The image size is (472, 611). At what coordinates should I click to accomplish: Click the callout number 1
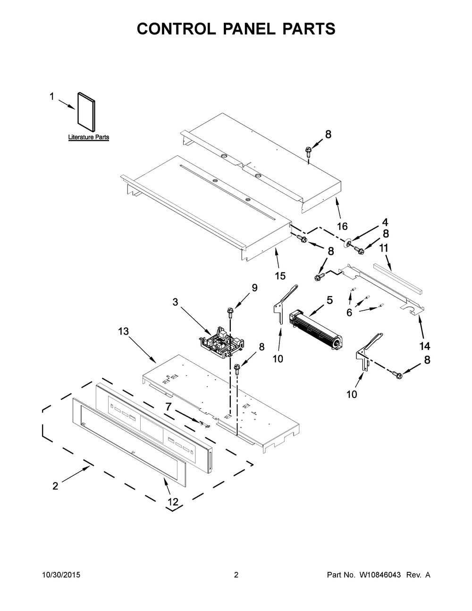52,97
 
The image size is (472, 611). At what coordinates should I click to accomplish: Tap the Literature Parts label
89,137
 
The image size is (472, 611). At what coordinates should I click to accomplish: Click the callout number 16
343,226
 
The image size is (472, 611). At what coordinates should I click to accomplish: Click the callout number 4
385,221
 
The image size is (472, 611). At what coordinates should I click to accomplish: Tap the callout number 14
425,346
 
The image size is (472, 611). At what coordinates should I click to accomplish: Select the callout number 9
254,288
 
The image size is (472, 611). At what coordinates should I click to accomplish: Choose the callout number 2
55,486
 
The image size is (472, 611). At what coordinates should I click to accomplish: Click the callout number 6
349,312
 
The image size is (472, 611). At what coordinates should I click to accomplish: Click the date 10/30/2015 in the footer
61,575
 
